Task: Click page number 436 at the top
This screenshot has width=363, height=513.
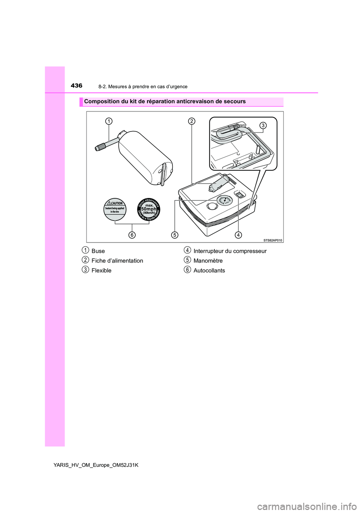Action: [x=76, y=86]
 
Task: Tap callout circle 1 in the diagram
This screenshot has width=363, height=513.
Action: [x=109, y=121]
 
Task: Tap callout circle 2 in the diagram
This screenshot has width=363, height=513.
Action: [x=192, y=121]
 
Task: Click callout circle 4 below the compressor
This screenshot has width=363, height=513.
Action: [x=238, y=235]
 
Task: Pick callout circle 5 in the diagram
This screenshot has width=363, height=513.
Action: [x=174, y=235]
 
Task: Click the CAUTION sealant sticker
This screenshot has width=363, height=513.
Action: [x=115, y=209]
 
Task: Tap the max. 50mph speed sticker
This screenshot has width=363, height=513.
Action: [x=149, y=209]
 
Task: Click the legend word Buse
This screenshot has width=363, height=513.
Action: [x=98, y=251]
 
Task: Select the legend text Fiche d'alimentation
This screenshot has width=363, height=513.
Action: [x=117, y=261]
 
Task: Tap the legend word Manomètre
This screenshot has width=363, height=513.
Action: [x=208, y=261]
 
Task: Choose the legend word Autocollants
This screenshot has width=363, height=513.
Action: [x=209, y=271]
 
